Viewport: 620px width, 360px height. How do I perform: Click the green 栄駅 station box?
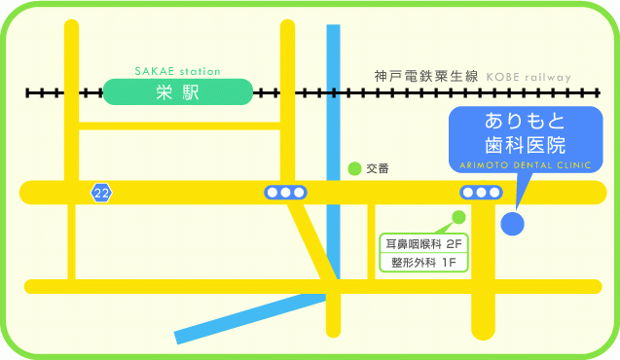pos(177,92)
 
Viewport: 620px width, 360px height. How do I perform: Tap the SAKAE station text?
pos(177,71)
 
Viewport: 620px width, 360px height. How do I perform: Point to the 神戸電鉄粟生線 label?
pos(425,76)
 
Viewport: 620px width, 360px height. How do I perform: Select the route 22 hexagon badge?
pos(101,193)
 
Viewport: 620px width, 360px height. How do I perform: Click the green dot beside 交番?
pos(355,168)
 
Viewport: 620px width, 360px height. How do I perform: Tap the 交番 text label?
pos(378,168)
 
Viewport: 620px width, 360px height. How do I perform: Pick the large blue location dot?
pos(512,224)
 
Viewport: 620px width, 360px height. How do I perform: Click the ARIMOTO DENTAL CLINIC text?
pos(526,166)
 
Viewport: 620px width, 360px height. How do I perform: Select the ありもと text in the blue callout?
pos(526,124)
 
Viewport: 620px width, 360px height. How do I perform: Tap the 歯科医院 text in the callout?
pos(526,146)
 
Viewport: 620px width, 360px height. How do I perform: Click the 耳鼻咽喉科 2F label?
pos(422,243)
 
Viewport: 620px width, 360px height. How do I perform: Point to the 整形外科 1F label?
pos(423,262)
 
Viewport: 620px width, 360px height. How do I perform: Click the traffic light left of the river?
pos(285,193)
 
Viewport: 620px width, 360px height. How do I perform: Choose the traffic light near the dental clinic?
pos(481,193)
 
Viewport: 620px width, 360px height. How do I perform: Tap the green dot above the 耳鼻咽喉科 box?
pos(459,217)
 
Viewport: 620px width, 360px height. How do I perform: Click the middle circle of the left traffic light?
pos(285,193)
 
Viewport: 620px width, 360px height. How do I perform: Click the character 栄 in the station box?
pos(164,92)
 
